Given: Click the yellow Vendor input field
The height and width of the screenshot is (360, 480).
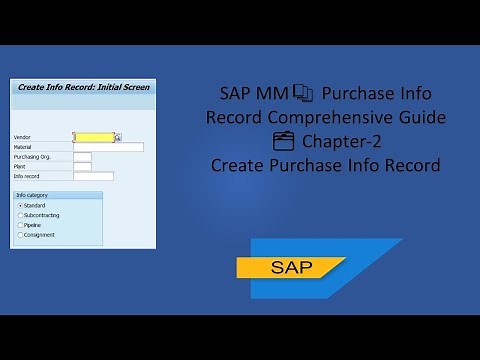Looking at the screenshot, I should pos(93,137).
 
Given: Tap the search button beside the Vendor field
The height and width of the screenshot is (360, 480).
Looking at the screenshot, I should pos(118,137).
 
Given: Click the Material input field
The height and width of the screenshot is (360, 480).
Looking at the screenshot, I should pos(108,147).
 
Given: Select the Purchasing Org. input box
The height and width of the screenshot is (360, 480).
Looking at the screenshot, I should pos(82,156).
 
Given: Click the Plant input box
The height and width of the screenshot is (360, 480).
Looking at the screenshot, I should pos(82,166).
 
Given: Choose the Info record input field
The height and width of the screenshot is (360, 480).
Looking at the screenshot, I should pos(93,176).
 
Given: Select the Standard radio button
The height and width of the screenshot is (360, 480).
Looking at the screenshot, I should pos(21,205).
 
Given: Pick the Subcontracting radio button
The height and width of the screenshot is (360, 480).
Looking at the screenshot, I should pos(21,215).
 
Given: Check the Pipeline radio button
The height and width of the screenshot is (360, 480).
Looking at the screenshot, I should pos(21,225).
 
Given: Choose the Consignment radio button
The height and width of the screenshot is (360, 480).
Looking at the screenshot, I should pos(21,235).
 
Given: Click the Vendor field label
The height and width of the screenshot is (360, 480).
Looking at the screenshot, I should pos(23,137).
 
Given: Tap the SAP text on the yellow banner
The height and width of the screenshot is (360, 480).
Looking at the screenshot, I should pos(291,268).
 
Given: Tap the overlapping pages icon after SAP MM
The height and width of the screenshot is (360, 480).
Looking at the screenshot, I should pos(303,95).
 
